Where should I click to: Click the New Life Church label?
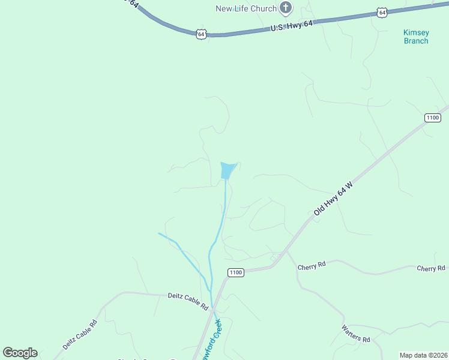tap(246, 8)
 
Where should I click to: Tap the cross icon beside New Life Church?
tap(286, 8)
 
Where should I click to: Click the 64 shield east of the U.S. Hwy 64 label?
tap(382, 12)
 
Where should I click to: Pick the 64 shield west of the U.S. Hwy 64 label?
tap(201, 34)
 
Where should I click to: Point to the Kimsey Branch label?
tap(415, 37)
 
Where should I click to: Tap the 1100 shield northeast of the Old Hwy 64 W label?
tap(432, 118)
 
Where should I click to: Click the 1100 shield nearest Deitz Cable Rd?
tap(236, 272)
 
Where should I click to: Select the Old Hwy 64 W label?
tap(332, 201)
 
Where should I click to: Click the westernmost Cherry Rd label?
tap(312, 265)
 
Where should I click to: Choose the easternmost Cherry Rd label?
tap(431, 268)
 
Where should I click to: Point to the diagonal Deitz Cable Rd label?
tap(79, 335)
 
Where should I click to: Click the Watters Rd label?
tap(356, 334)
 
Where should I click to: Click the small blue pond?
tap(228, 170)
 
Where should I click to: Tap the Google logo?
tap(20, 353)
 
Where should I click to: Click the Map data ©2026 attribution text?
tap(423, 355)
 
